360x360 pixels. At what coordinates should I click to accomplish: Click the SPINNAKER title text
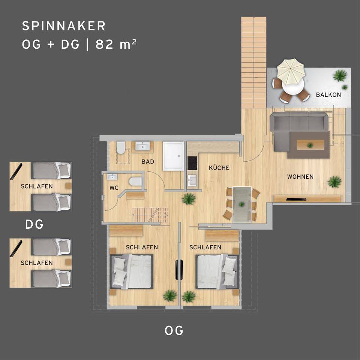pos(64,26)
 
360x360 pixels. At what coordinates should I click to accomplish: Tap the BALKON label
pos(328,94)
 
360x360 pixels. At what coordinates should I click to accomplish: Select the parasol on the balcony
pos(290,72)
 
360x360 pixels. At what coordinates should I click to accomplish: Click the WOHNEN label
pos(300,177)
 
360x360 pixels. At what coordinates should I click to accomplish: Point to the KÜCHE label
pos(219,168)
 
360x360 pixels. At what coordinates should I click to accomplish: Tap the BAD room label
pos(148,162)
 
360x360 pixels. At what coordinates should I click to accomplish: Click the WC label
pos(114,188)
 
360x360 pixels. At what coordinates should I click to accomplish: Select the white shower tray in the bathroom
pos(173,156)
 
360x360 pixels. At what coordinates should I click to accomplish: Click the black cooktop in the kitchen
pos(192,163)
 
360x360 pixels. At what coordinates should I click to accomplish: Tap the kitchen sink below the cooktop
pos(192,180)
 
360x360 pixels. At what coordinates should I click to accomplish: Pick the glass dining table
pos(242,205)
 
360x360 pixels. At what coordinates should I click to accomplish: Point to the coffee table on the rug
pos(310,145)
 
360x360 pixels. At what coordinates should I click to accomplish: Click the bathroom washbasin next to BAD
pos(142,146)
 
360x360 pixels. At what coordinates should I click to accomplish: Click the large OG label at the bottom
pos(174,331)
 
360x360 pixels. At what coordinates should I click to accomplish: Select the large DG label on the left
pos(34,224)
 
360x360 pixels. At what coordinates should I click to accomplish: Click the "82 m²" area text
pos(116,44)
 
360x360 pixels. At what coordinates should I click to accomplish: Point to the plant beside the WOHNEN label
pos(334,182)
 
